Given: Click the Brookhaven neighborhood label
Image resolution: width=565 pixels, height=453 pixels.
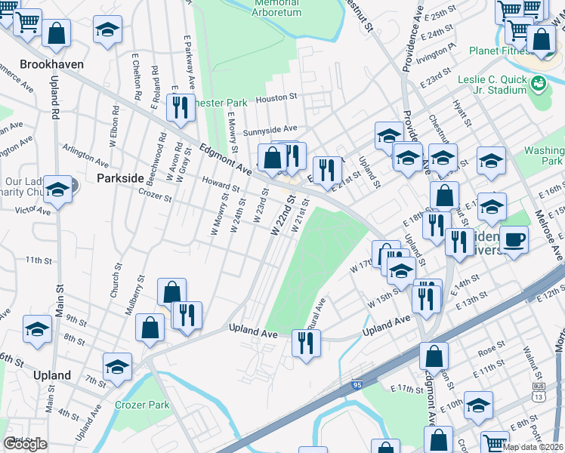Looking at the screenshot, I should tap(51, 65).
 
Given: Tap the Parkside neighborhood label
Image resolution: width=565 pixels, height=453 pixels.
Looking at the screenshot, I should tap(120, 178).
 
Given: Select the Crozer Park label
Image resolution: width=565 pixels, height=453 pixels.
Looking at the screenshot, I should tap(142, 405).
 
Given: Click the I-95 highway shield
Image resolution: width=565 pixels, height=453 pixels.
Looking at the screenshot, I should tap(357, 385).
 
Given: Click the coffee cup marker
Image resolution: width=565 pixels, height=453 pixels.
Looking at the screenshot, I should tap(514, 240).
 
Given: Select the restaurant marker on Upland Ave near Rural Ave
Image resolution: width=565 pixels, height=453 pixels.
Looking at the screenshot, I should tap(306, 344).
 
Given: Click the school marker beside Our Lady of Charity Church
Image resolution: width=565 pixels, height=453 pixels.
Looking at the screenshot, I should tap(57, 190).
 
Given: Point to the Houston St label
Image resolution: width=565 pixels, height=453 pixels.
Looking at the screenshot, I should tap(277, 98).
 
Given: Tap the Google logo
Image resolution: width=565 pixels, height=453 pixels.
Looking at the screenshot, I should tap(25, 444).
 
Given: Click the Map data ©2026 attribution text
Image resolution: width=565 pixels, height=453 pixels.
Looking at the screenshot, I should tap(533, 447).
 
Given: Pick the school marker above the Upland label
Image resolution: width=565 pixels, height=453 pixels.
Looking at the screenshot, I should tap(117, 368).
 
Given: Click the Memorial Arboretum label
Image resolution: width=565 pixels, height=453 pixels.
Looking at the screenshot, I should tap(277, 8).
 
